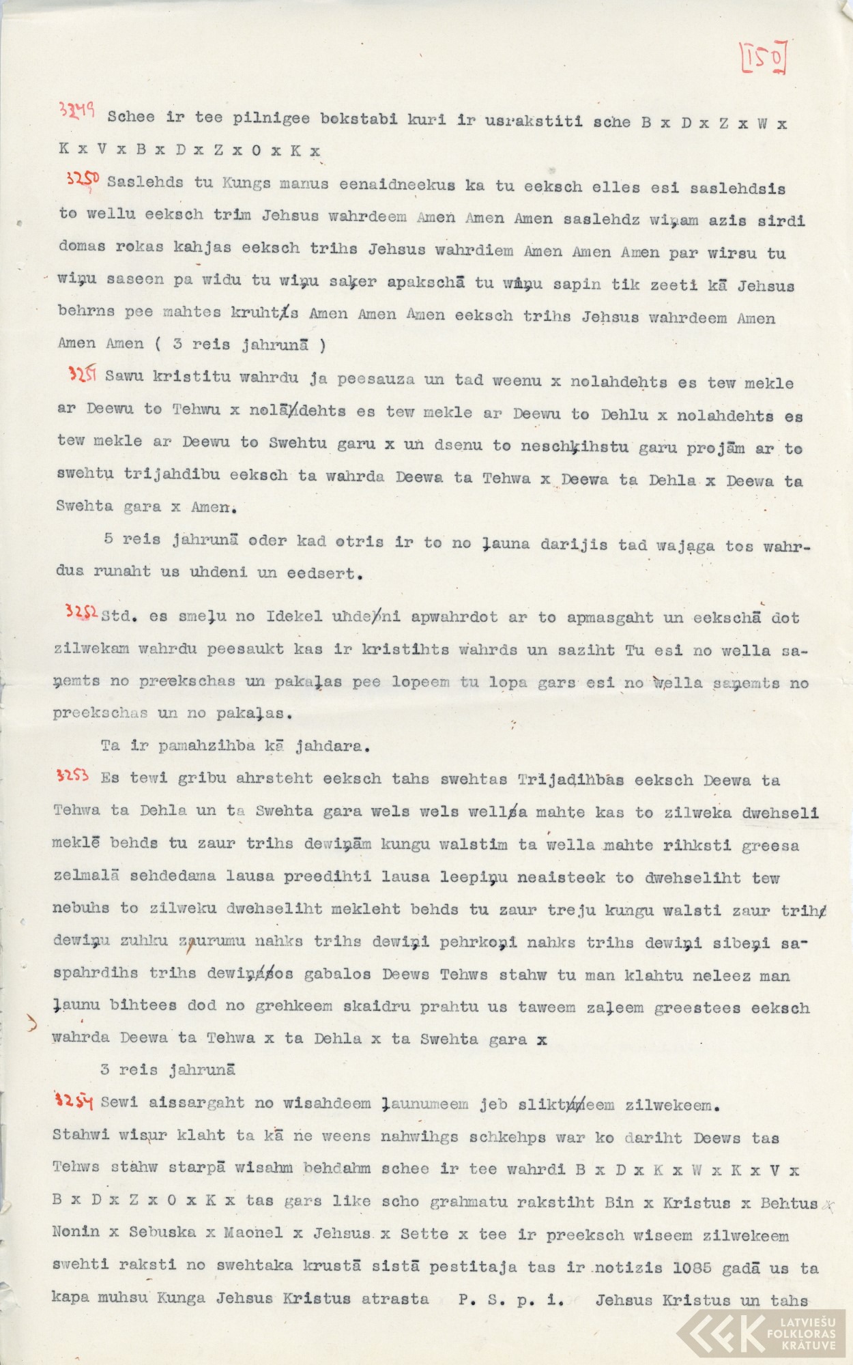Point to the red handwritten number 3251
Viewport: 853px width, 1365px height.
81,373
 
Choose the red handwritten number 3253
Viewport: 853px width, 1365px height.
72,775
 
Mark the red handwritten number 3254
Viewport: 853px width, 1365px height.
73,1100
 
